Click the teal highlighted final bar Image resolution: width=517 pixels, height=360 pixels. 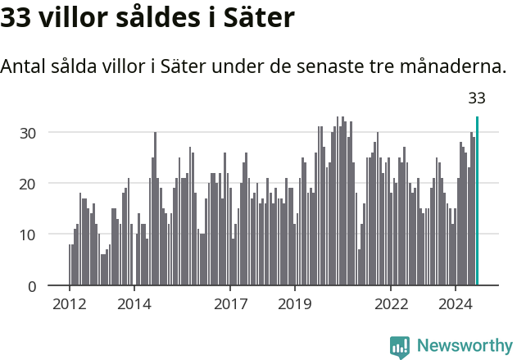tap(477, 201)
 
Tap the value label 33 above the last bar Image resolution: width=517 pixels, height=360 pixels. tap(477, 98)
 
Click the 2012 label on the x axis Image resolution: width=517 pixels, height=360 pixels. tap(70, 305)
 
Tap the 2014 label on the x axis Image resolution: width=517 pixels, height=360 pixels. tap(134, 305)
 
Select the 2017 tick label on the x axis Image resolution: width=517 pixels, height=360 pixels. tap(230, 305)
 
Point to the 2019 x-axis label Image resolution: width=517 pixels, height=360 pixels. tap(295, 305)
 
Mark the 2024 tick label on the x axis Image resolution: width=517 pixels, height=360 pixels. tap(456, 305)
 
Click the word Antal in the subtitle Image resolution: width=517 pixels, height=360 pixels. tap(24, 66)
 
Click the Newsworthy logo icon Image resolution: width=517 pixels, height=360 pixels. tap(400, 347)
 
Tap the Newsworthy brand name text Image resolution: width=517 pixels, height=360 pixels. tap(464, 346)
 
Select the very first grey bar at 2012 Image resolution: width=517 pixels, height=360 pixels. tap(70, 265)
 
